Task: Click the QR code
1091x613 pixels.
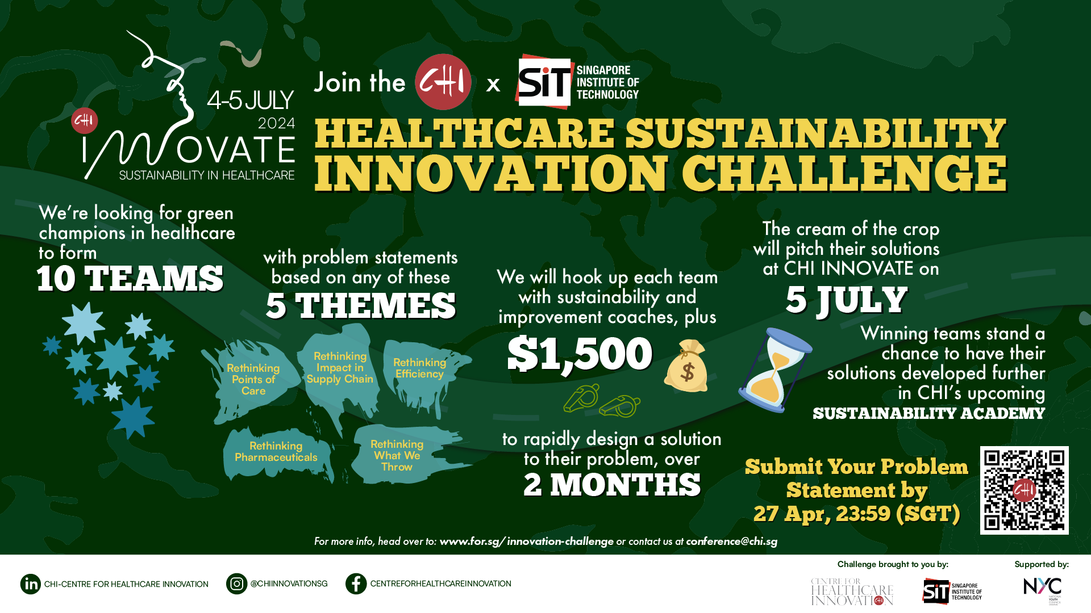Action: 1024,490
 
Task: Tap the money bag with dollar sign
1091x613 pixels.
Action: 686,366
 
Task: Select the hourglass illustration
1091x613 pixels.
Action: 774,370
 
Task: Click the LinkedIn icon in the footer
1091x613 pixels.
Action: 31,584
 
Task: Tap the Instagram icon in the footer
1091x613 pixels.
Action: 236,584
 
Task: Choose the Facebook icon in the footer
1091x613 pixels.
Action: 356,584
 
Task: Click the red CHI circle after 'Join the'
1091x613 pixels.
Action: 443,82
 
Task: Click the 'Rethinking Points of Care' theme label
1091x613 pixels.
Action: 253,379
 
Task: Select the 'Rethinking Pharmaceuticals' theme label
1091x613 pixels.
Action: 276,451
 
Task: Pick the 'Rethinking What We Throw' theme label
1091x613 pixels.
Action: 397,455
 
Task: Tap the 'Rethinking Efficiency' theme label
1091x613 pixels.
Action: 419,368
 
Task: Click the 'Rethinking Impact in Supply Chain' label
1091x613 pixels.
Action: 340,367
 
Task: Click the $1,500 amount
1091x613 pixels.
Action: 580,354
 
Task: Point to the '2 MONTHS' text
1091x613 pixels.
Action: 612,485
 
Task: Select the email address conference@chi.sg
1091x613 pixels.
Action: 732,541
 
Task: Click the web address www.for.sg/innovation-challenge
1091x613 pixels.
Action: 526,541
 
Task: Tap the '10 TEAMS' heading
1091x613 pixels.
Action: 130,279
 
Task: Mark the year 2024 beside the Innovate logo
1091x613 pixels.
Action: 276,123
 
